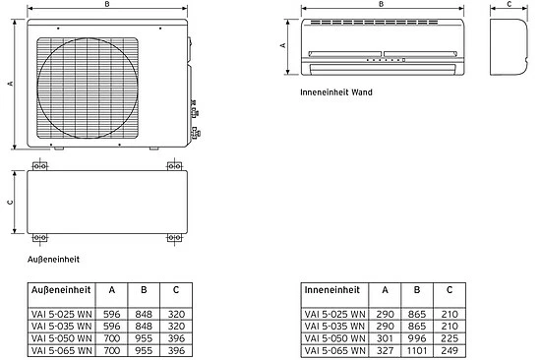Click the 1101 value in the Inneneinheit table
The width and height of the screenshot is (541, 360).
[x=417, y=351]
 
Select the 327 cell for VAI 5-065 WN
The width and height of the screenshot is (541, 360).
[x=385, y=351]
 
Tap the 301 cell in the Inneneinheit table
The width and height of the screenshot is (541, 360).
[x=385, y=338]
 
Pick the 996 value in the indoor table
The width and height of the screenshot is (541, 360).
[x=417, y=338]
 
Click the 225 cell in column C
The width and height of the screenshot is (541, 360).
[x=450, y=338]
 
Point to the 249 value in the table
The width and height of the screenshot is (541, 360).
[x=450, y=351]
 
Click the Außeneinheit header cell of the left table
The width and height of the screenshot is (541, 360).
[x=61, y=290]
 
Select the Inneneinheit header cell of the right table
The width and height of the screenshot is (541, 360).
[x=331, y=290]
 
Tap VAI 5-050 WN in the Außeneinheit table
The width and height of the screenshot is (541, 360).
[x=61, y=338]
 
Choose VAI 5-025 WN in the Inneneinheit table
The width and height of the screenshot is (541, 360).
[x=334, y=315]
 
